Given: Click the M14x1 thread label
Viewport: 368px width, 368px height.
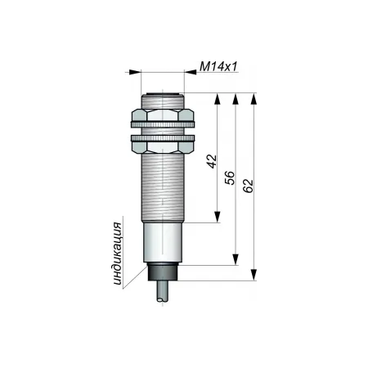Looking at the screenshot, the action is pos(218,66).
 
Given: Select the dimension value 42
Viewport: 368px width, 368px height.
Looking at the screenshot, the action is pos(212,161).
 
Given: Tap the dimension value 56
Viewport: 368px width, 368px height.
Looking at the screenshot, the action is pos(230,177).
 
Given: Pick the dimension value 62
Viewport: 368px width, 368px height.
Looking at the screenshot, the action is pos(248,186).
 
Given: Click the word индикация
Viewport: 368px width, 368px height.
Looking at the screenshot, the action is pos(118,254).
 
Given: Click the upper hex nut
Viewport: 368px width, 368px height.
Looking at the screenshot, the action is pos(163,115).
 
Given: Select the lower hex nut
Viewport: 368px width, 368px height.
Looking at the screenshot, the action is pos(163,147).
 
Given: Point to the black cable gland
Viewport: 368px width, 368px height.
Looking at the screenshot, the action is pos(163,272).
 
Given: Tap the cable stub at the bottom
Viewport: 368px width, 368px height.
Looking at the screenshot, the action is pos(163,291).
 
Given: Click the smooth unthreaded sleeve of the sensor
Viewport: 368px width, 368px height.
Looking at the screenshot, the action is pos(163,242).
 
